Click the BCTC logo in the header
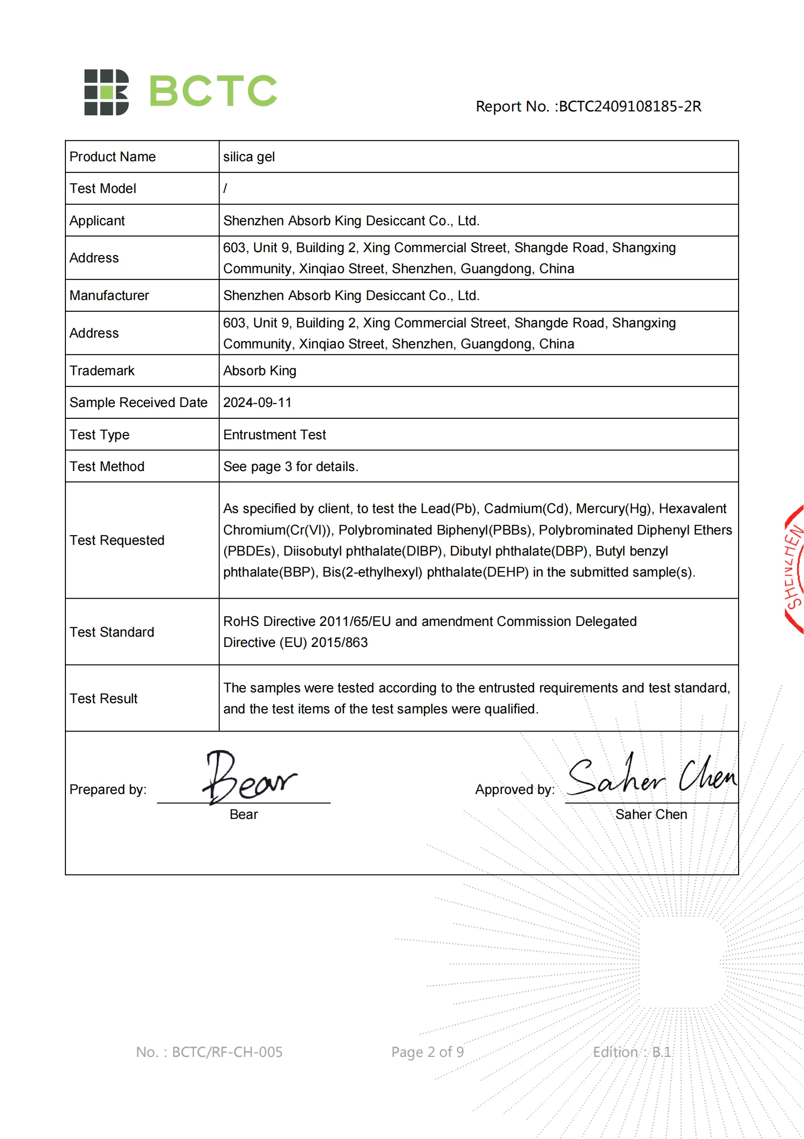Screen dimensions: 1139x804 [181, 92]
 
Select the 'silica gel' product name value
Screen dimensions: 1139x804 [249, 157]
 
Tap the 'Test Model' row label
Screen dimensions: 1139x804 [103, 189]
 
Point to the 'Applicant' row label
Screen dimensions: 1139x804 [97, 221]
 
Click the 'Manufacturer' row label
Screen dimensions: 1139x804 [109, 296]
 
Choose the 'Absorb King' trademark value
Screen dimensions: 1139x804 [259, 370]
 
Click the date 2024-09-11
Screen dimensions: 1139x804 [257, 402]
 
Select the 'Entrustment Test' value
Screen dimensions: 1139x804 [275, 434]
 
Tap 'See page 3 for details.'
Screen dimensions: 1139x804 [291, 466]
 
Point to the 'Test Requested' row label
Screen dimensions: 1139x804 [117, 540]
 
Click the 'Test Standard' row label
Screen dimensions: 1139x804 [112, 632]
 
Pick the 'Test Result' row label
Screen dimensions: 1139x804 [104, 698]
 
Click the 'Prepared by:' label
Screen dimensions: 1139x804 [108, 789]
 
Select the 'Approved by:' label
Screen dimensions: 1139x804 [515, 789]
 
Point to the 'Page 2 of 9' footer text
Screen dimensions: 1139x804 [427, 1052]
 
